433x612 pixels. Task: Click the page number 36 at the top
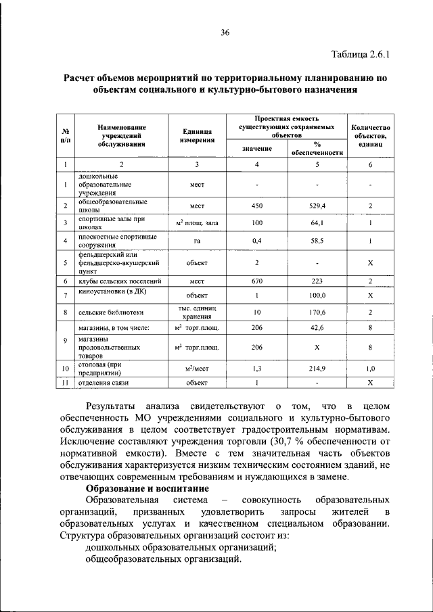click(225, 31)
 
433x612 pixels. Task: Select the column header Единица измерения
click(198, 135)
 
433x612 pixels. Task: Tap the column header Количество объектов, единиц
click(370, 135)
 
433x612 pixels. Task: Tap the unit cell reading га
click(198, 241)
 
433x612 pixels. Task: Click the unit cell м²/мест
click(198, 369)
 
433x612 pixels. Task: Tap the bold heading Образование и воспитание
click(147, 488)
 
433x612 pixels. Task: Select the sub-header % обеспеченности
click(317, 148)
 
